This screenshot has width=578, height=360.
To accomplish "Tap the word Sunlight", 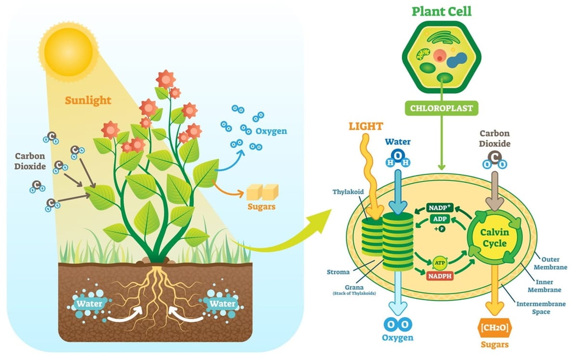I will coord(88,101).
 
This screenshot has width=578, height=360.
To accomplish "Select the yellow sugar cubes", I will coord(260,193).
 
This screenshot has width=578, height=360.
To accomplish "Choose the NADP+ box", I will coord(440,208).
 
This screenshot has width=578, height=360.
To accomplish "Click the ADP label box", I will coord(439,220).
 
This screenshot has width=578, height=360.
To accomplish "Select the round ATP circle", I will coord(440,263).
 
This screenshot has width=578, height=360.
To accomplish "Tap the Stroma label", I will coord(338,272).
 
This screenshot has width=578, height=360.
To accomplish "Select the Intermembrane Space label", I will coord(540,308).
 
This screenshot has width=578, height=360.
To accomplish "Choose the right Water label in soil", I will coord(223,304).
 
